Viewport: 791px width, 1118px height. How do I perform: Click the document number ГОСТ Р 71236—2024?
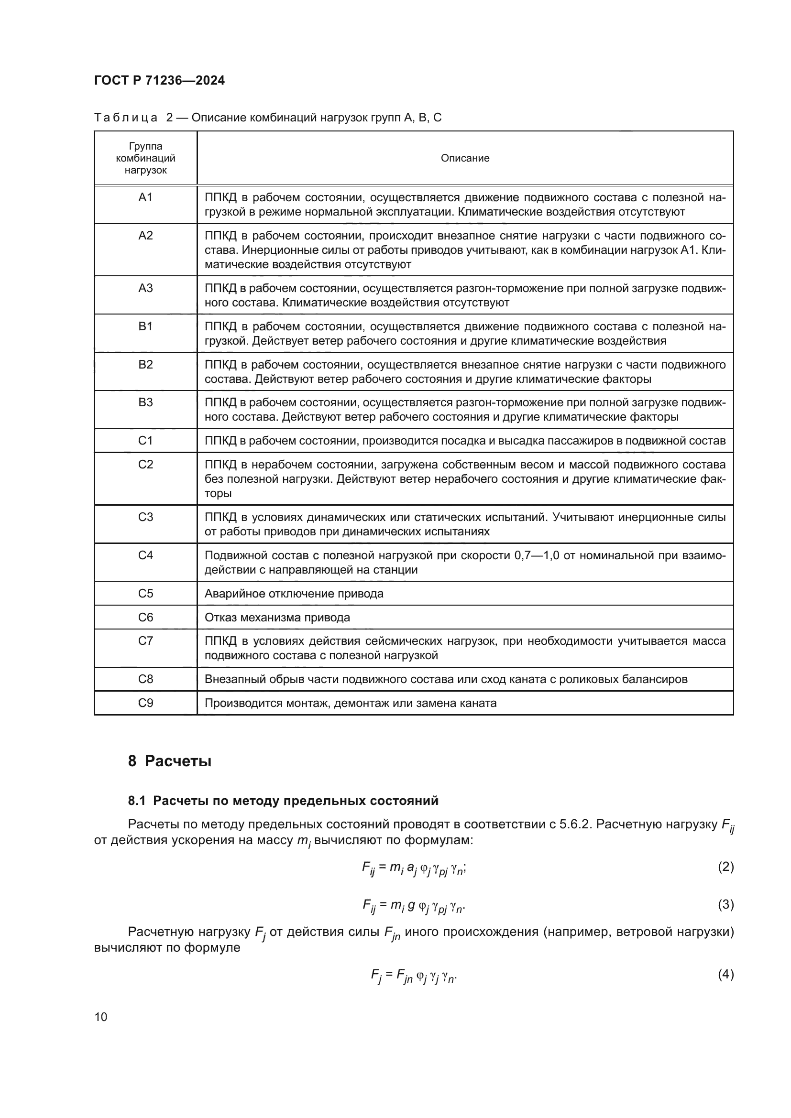159,80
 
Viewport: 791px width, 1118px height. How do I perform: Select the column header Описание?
465,158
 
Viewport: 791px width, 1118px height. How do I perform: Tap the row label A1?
146,197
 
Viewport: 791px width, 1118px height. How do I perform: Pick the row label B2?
146,365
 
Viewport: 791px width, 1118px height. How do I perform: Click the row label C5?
146,593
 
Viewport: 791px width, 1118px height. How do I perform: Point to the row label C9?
146,703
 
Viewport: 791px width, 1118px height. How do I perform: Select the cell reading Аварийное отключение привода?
294,594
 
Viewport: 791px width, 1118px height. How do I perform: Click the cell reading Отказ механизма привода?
277,618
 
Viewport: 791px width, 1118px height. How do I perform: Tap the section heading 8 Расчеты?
169,761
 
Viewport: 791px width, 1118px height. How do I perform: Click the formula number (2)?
725,866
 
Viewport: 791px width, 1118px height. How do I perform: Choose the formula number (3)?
725,904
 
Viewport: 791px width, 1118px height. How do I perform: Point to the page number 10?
101,1017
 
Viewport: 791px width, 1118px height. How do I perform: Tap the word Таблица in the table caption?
126,118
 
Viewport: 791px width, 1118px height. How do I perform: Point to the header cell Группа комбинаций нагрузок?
146,158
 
